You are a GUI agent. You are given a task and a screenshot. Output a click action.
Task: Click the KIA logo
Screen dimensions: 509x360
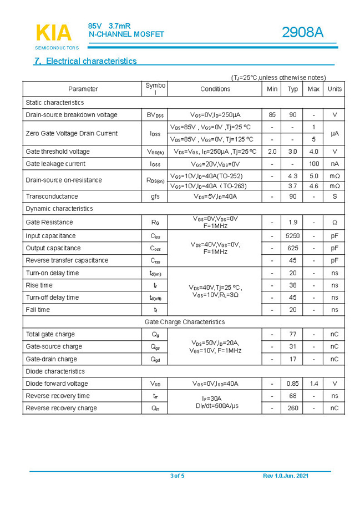click(x=53, y=33)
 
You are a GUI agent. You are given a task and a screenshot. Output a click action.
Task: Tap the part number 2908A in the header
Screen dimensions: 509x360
click(x=302, y=33)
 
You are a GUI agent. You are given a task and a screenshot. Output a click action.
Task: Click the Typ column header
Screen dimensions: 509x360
click(x=293, y=89)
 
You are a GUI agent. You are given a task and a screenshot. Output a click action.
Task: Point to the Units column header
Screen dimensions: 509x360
click(x=334, y=89)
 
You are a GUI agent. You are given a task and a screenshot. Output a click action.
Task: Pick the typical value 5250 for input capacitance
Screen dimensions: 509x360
click(x=292, y=236)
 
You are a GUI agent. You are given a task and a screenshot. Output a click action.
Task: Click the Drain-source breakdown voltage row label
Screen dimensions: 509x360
click(x=72, y=115)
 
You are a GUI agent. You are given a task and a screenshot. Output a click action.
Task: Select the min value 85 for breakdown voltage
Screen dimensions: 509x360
click(x=272, y=115)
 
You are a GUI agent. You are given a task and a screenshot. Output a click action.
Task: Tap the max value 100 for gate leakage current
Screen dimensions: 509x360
click(x=314, y=164)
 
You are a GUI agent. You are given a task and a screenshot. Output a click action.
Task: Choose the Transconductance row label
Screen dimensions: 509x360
click(x=52, y=196)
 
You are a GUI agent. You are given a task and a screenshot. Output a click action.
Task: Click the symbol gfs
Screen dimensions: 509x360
click(x=155, y=196)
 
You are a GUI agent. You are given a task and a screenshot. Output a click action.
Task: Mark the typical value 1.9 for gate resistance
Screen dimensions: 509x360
click(x=292, y=222)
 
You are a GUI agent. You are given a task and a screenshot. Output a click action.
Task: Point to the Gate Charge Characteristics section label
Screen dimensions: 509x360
click(x=185, y=322)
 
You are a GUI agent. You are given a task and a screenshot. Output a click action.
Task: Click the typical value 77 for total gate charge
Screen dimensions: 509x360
click(x=292, y=334)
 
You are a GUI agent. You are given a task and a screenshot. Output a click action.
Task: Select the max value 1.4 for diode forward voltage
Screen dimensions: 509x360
click(x=314, y=384)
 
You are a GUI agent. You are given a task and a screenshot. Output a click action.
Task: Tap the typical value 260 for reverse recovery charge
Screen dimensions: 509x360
click(x=292, y=408)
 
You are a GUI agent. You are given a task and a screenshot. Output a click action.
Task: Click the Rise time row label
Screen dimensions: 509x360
click(x=39, y=285)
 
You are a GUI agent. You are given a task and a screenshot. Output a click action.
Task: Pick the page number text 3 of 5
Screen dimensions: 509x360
click(x=177, y=476)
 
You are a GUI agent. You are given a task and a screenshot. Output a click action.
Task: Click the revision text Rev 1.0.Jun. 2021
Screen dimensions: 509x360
click(x=286, y=476)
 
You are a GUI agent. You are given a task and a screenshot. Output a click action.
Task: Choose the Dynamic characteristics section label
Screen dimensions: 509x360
click(x=59, y=209)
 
